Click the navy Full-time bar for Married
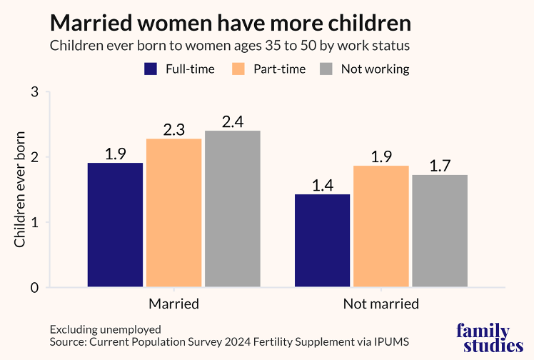[115, 225]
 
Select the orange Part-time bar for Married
[173, 213]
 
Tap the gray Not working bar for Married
[232, 209]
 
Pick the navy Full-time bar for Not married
[323, 241]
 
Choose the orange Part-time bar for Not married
[381, 226]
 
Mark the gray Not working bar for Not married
[440, 231]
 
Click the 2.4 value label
[232, 121]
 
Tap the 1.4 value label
[323, 185]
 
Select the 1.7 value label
[440, 166]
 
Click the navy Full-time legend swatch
[151, 69]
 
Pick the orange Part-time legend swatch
[239, 69]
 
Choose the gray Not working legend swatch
[326, 69]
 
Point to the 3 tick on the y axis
[34, 92]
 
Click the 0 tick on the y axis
[34, 288]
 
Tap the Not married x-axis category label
[381, 304]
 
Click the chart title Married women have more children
[230, 23]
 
